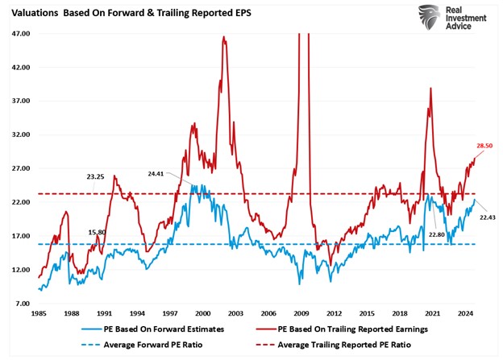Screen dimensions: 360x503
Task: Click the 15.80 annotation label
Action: (x=98, y=232)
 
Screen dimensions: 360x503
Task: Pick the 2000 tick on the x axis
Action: (x=203, y=312)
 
